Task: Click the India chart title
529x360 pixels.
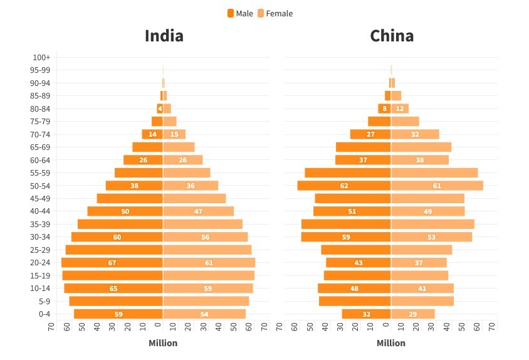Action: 164,36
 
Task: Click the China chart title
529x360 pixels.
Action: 392,36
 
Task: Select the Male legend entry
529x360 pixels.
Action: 240,13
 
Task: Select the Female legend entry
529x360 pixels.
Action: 275,13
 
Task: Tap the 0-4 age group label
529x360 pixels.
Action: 44,314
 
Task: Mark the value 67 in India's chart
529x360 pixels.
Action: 112,263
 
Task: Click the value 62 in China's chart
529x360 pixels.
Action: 343,186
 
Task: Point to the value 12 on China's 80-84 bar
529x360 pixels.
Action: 400,109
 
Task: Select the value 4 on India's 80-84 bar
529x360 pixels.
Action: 160,109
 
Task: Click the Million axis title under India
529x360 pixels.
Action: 163,343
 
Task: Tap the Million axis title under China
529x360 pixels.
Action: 391,343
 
